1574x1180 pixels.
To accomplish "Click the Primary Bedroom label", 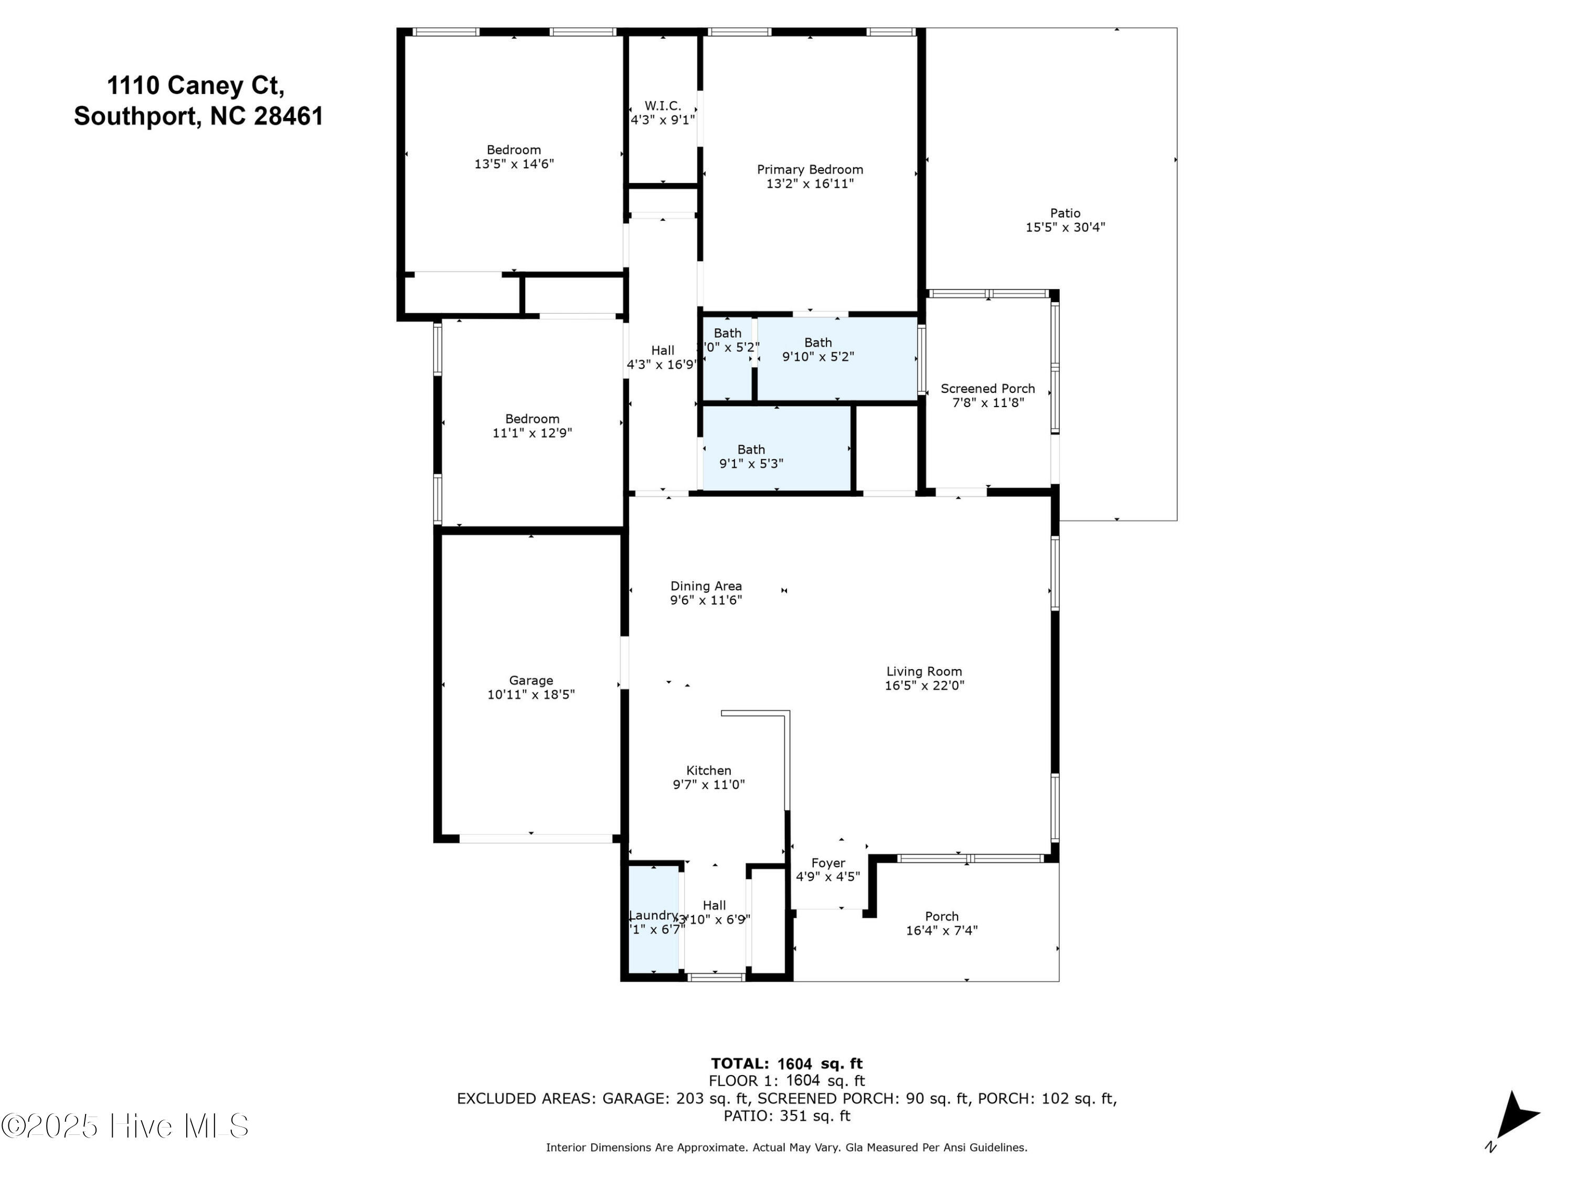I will pos(810,169).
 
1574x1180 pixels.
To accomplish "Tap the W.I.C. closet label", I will pos(663,106).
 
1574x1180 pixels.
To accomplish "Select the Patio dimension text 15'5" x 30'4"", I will pos(1065,228).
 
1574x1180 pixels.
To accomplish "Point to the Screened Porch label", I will pos(987,389).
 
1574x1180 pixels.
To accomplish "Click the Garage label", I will pos(531,681).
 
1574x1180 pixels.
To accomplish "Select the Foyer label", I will pos(827,863).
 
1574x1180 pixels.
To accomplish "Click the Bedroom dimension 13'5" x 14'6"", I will pos(514,164).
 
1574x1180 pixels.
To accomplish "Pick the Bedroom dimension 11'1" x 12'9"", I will pos(531,433).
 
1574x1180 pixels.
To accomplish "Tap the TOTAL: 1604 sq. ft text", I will pos(786,1064).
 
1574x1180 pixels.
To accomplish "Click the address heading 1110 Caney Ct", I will pos(196,85).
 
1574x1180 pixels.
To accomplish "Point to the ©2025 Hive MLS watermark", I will pos(124,1126).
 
